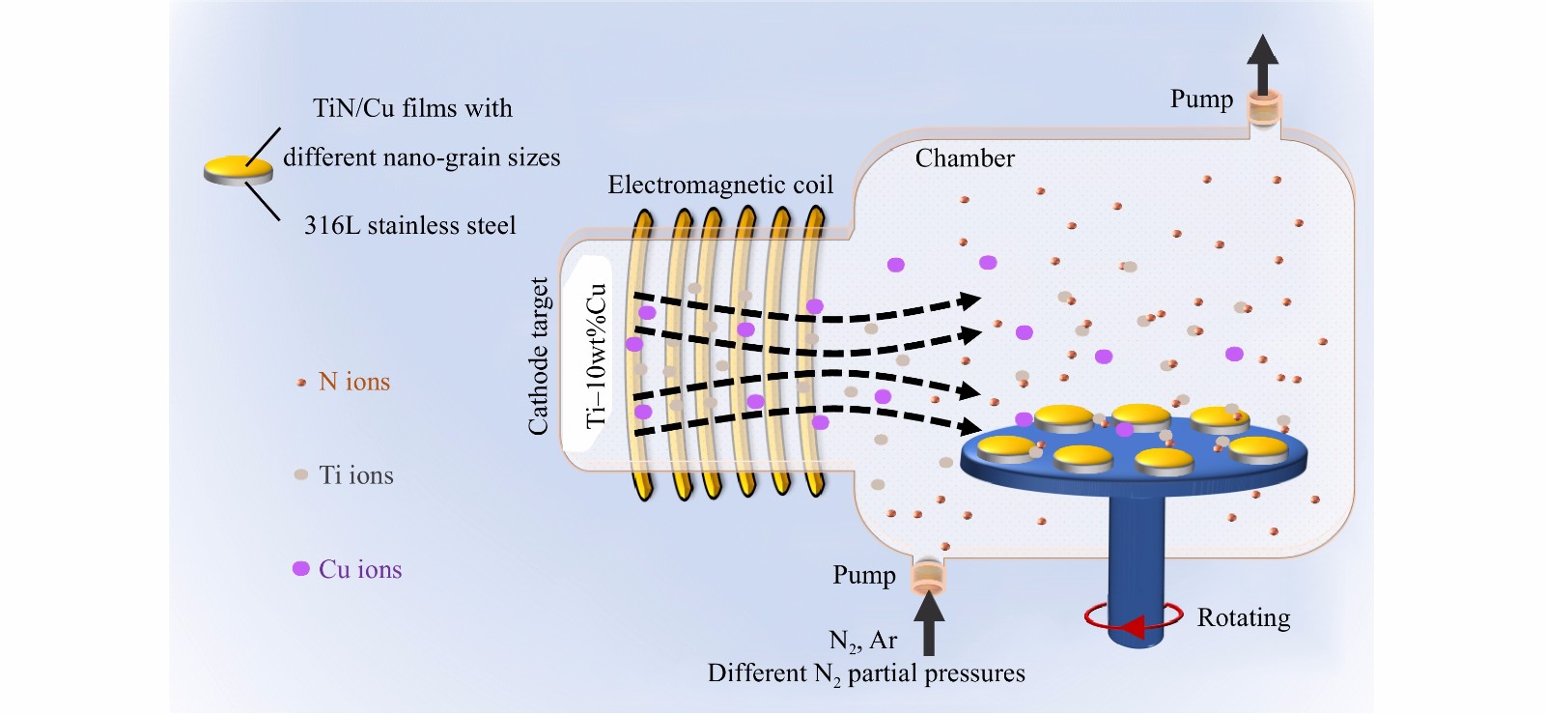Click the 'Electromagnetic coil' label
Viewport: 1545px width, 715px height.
tap(720, 185)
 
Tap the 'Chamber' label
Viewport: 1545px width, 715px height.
tap(965, 158)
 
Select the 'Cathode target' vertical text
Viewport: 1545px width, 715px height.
tap(539, 356)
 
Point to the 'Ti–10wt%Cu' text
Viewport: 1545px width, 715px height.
tap(596, 356)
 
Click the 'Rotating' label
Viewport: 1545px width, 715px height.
tap(1244, 617)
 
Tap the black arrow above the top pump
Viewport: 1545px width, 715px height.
tap(1261, 62)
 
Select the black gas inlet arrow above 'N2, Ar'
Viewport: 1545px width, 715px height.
tap(929, 623)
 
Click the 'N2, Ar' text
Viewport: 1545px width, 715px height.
tap(863, 641)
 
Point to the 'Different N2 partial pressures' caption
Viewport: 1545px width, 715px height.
tap(866, 673)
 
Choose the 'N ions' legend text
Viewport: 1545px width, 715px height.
tap(354, 382)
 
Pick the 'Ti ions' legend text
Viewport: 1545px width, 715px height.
tap(356, 475)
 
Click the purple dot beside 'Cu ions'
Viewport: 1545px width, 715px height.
tap(301, 569)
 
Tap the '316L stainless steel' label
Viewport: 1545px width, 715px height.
tap(410, 226)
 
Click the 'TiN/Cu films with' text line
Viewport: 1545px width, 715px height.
tap(412, 108)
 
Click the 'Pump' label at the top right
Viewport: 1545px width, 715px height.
tap(1201, 100)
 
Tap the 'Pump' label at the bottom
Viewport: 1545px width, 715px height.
tap(864, 576)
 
